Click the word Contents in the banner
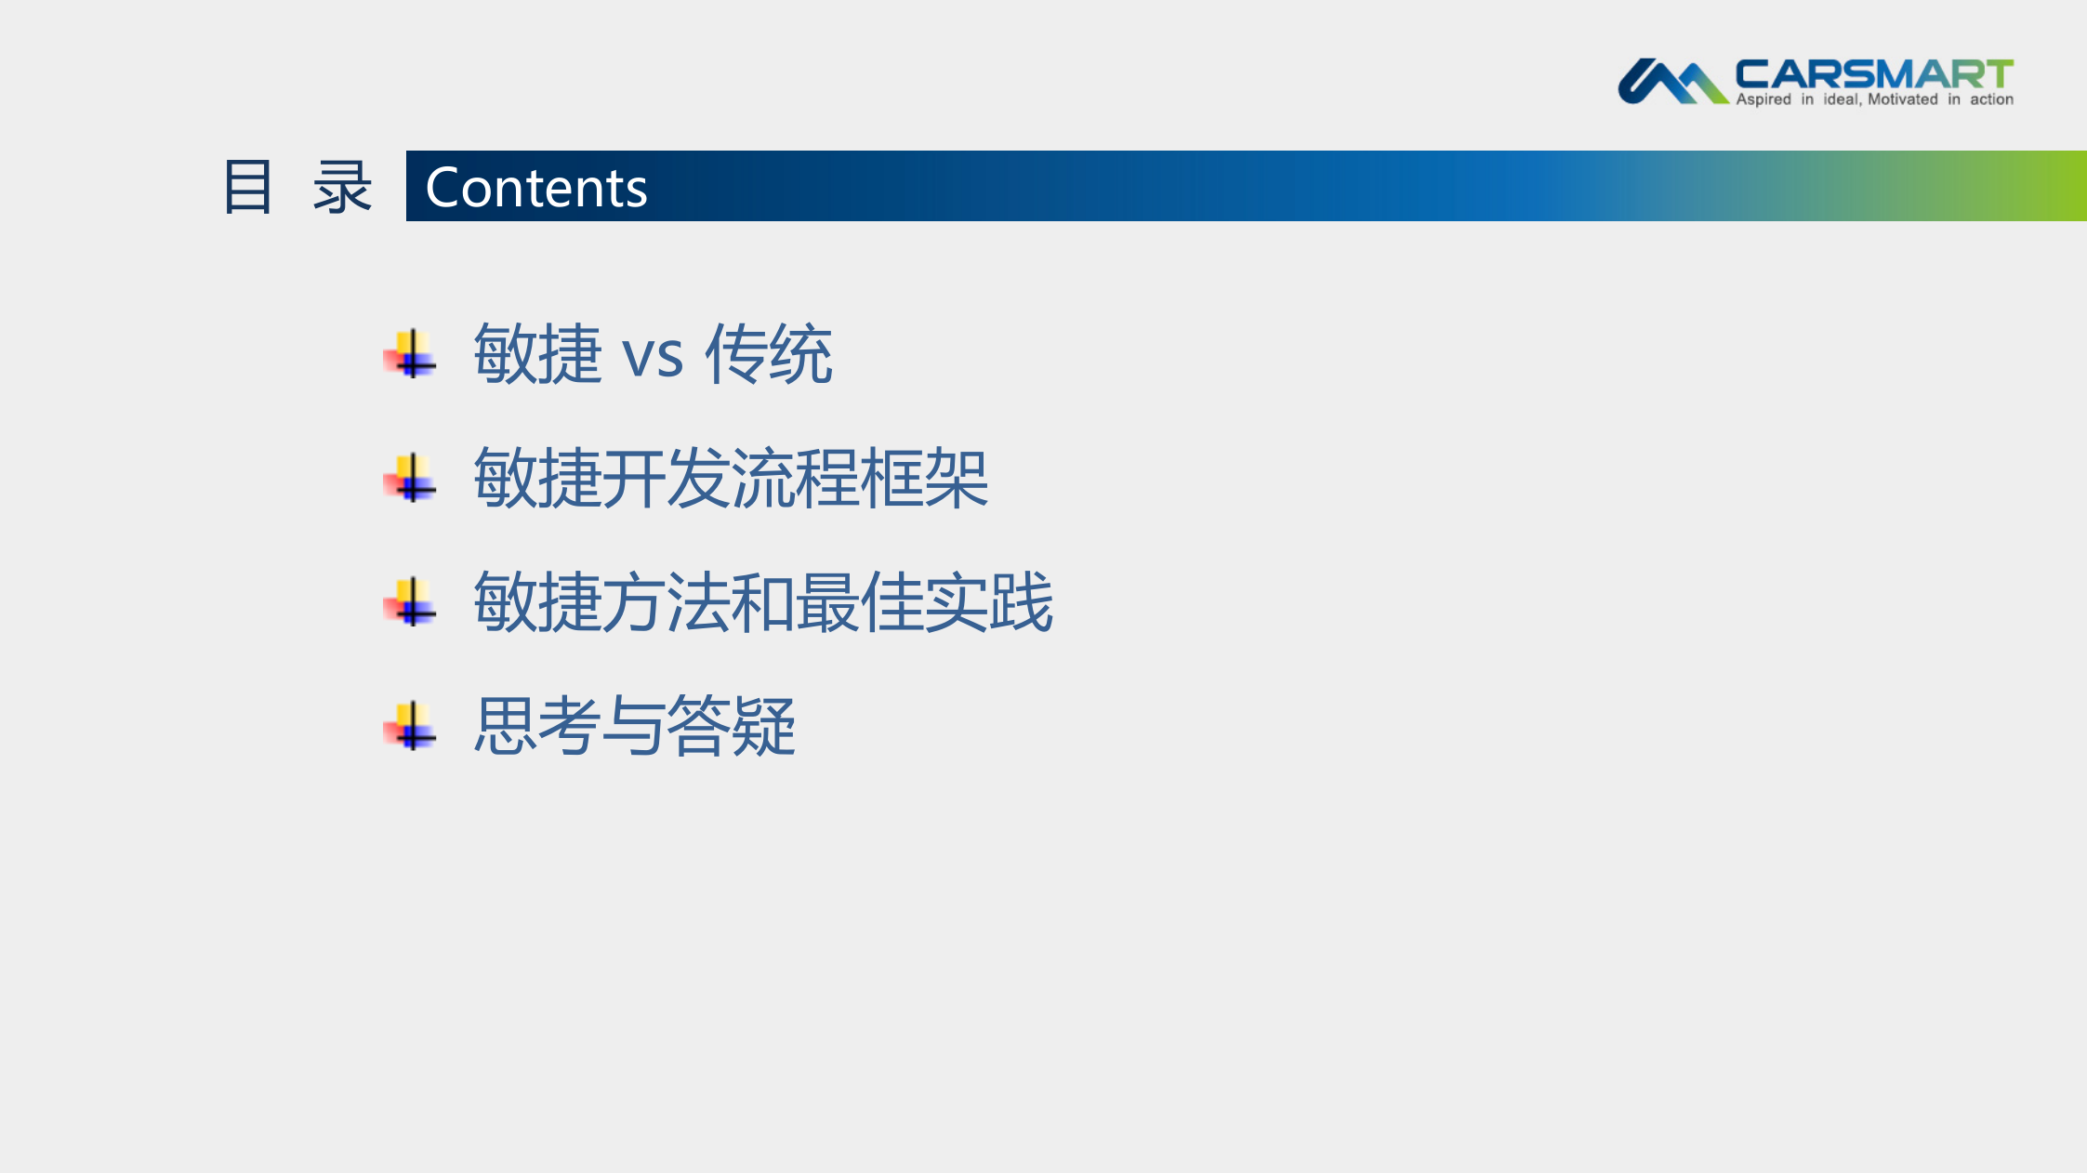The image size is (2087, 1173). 535,188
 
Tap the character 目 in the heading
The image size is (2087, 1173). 248,187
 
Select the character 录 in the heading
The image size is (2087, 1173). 342,187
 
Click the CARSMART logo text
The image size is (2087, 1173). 1873,74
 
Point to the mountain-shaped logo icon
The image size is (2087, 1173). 1671,82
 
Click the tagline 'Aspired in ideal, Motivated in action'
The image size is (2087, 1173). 1874,99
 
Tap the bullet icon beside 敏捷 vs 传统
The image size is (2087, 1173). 410,354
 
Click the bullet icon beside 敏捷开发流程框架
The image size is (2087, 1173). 410,479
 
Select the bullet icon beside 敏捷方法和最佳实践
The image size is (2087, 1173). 410,602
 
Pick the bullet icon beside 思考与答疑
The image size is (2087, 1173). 410,726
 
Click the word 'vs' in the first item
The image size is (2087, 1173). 653,355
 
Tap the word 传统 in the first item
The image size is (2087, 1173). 769,354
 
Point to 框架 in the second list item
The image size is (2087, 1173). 925,479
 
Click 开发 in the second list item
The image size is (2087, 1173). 667,479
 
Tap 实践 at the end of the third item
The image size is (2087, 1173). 989,602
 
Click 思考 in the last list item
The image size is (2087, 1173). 537,726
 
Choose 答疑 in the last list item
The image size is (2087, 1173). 732,726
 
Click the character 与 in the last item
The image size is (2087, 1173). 634,726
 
